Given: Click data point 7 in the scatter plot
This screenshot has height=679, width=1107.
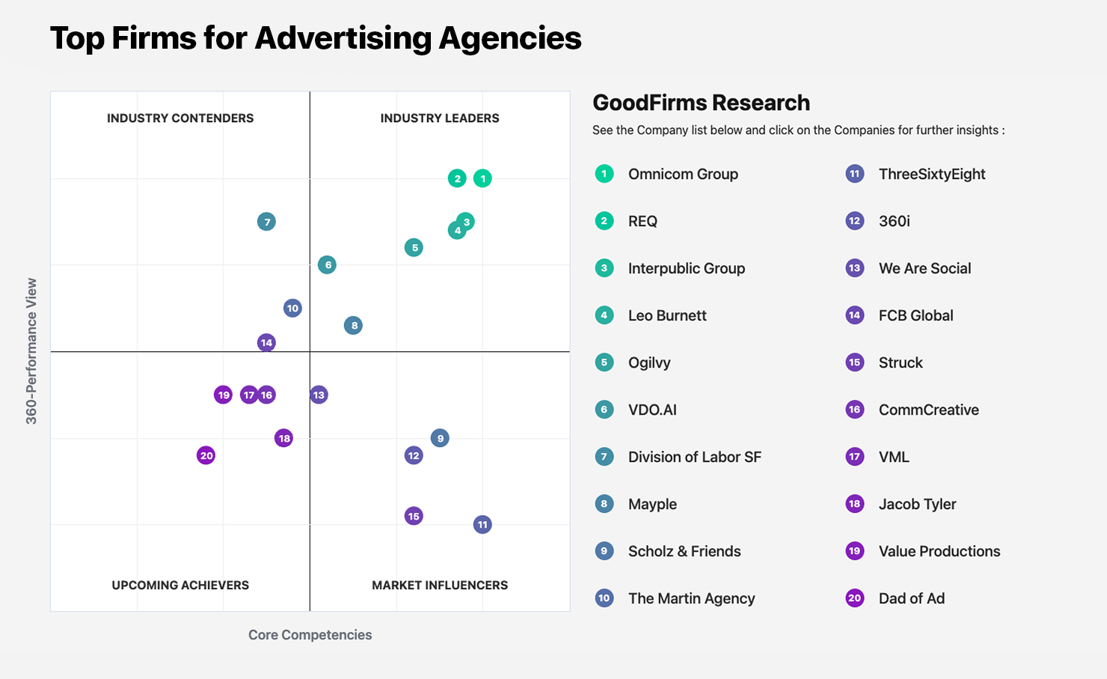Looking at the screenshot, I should tap(266, 222).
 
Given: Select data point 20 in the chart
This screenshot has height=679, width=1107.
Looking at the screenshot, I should tap(206, 455).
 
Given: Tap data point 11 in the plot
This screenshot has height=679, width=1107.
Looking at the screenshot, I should tap(482, 525).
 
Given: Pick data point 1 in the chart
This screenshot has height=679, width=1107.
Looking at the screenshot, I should tap(482, 178).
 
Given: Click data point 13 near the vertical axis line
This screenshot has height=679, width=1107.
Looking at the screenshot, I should tap(319, 395).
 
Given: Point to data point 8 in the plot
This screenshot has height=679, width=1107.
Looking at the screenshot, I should tap(353, 325).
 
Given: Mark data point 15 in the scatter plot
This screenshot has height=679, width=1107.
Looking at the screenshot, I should tap(414, 516).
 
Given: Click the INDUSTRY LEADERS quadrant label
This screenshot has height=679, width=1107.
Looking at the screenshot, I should tap(439, 118).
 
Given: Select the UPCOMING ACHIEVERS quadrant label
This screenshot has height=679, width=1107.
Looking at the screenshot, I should tap(180, 585).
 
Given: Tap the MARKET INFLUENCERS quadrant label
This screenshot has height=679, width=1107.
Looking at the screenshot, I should tap(439, 585).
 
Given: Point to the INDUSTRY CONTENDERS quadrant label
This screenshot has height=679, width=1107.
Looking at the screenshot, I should tap(180, 118).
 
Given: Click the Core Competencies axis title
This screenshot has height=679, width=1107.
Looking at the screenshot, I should tap(310, 635).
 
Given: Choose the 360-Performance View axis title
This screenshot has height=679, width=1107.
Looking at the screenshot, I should tap(31, 351).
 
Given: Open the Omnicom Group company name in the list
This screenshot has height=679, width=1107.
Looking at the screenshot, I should tap(683, 174).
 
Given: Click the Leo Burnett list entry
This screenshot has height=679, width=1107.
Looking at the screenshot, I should tap(667, 316).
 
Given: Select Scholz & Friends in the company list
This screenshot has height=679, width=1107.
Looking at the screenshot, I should tap(684, 552).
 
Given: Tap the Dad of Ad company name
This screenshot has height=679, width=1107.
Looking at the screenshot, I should tap(911, 599).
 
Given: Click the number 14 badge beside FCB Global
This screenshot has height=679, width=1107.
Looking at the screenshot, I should tap(854, 315).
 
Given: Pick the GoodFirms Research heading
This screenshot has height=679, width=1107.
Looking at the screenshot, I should tap(701, 103).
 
